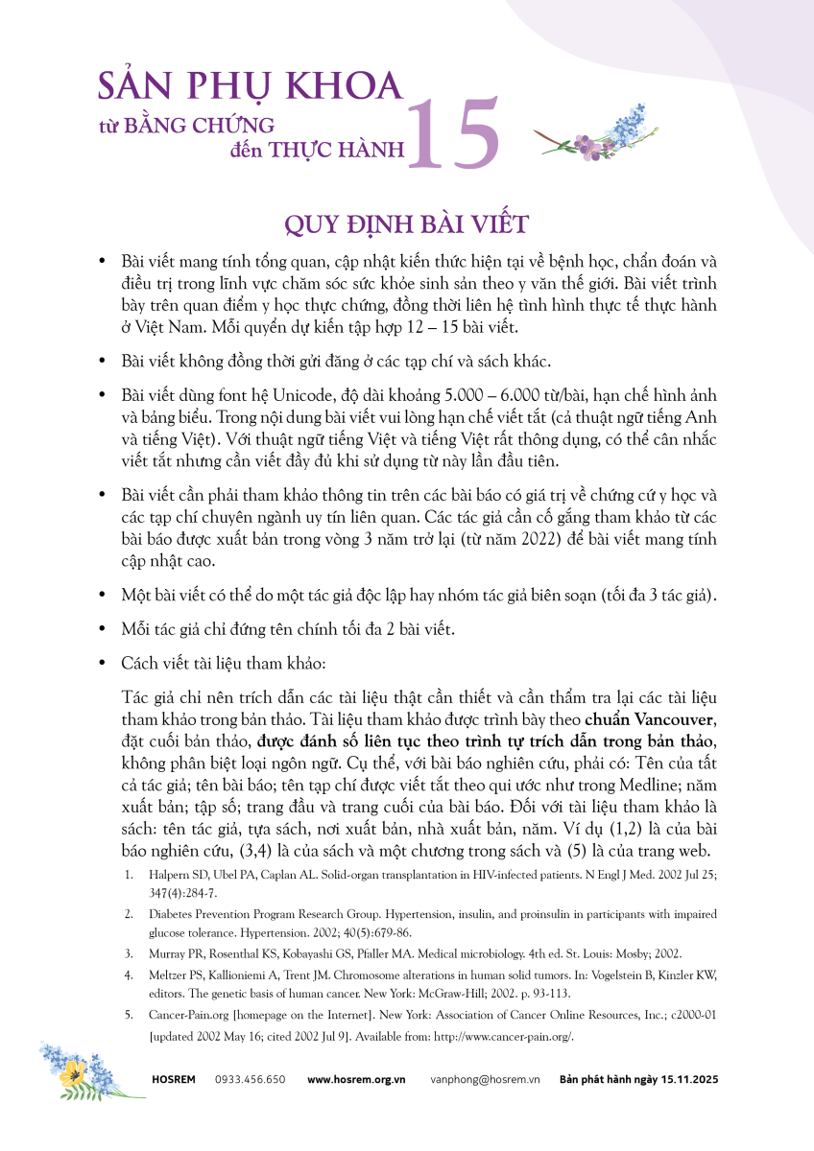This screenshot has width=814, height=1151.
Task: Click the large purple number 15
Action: coord(454,134)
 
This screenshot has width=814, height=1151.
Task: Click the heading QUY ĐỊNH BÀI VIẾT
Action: coord(407,223)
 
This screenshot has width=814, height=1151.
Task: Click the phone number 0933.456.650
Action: coord(250,1079)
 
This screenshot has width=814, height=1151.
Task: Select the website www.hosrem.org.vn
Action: coord(356,1079)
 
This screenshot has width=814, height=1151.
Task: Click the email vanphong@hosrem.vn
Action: coord(486,1079)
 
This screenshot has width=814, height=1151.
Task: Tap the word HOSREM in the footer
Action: coord(173,1079)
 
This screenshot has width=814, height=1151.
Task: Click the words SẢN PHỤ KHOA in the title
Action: coord(250,85)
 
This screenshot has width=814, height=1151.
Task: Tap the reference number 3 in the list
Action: coord(129,954)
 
